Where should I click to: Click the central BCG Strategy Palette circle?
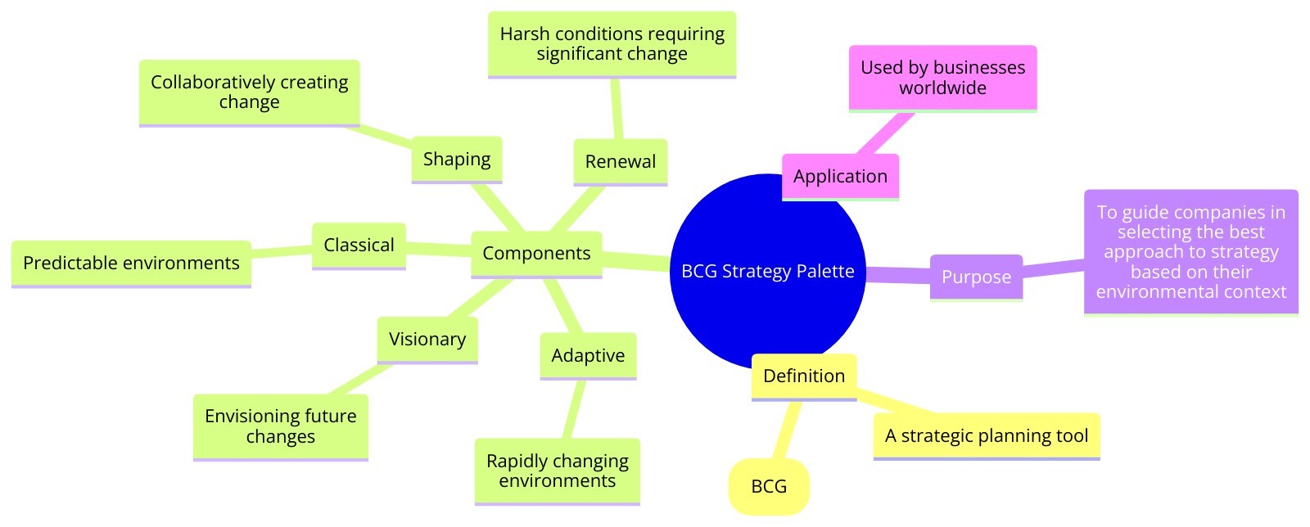pos(767,272)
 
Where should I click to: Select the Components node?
pos(536,254)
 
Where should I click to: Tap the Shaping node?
pos(456,160)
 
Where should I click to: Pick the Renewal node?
pos(620,162)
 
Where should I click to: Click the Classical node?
pos(359,245)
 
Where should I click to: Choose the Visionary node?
pos(427,340)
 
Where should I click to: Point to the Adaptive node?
pos(588,356)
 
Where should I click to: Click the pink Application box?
pos(840,177)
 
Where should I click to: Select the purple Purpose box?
pos(976,277)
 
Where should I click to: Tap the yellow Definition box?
pos(803,376)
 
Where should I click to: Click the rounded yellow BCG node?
pos(769,487)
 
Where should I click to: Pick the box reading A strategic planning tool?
pos(987,436)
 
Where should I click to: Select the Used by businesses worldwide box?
pos(942,78)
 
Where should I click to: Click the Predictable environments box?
pos(131,263)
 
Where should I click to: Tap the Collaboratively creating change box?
pos(249,92)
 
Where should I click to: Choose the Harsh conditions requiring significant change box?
pos(612,44)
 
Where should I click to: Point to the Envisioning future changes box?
pos(280,427)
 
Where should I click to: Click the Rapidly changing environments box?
pos(557,471)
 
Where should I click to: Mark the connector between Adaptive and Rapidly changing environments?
pos(576,409)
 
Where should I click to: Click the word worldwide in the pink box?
pos(942,88)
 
